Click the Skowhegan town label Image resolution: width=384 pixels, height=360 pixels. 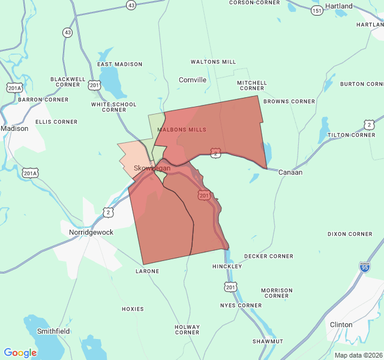152,168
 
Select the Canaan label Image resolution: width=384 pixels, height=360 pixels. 290,172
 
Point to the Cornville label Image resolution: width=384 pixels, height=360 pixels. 193,80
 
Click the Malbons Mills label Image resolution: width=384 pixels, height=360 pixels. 182,130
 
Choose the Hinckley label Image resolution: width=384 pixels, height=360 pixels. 227,266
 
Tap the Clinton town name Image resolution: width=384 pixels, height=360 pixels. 341,325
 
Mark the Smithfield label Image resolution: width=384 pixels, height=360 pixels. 53,331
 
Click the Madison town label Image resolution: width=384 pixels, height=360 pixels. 14,128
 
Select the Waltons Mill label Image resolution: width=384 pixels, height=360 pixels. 213,62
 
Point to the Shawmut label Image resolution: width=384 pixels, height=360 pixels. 268,341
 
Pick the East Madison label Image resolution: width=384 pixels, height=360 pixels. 120,64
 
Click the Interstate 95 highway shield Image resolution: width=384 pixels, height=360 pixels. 364,266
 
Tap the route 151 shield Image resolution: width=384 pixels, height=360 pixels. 317,10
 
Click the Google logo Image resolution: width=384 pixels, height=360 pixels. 20,353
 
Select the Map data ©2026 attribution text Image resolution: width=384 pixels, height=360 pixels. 358,355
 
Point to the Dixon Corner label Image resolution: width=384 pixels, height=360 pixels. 350,234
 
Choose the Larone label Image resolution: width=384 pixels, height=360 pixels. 147,271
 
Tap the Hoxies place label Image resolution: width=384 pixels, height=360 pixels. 133,309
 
